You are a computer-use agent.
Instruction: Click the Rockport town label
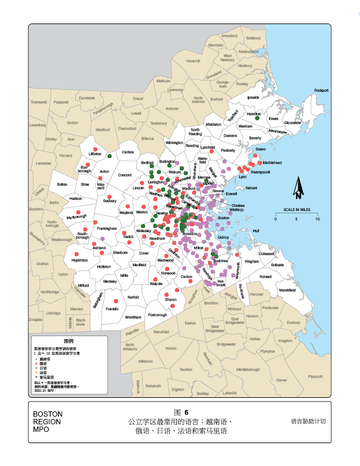tap(321, 90)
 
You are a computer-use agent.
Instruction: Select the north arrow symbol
tap(298, 187)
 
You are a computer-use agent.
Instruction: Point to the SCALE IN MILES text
tap(297, 209)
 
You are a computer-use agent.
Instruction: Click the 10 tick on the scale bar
tap(318, 219)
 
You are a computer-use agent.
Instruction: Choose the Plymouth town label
tap(315, 376)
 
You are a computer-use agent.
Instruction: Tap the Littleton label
tap(95, 154)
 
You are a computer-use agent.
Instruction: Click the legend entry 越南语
tap(46, 358)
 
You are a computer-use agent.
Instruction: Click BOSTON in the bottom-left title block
tap(48, 414)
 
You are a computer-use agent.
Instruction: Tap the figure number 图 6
tap(181, 413)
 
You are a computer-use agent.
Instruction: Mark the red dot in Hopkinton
tap(78, 253)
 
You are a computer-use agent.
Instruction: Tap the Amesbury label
tap(229, 36)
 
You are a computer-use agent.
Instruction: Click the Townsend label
tap(38, 102)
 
